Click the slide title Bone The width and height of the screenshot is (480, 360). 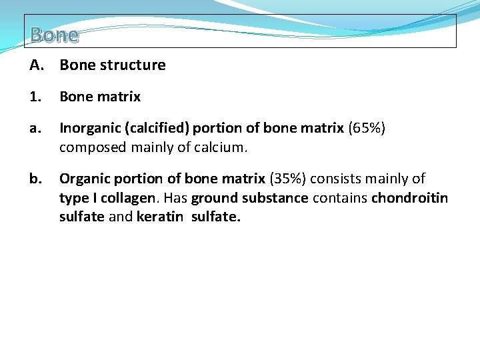coord(54,35)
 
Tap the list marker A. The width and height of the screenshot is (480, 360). coord(36,65)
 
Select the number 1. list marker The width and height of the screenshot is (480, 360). coord(35,97)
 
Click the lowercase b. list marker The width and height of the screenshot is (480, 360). coord(35,179)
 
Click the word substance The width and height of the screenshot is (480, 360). coord(275,199)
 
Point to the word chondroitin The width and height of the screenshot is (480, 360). coord(409,199)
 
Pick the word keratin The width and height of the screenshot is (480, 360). coord(160,217)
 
